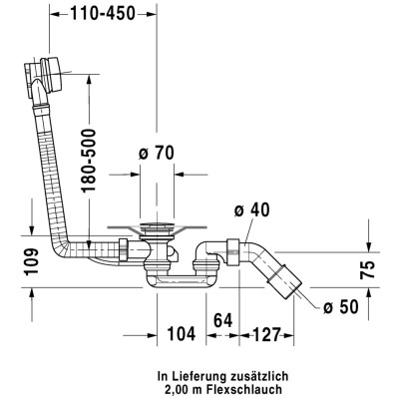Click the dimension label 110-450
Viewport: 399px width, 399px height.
click(x=103, y=14)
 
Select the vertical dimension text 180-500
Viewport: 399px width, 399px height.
click(x=89, y=161)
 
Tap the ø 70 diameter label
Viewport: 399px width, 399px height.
click(x=157, y=154)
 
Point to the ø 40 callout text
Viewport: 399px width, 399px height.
click(x=251, y=209)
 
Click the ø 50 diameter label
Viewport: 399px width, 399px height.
click(x=341, y=306)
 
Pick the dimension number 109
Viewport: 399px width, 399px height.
click(x=32, y=261)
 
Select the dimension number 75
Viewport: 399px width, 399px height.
click(x=368, y=269)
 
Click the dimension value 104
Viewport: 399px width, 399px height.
click(x=182, y=333)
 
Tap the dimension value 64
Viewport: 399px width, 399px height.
click(x=223, y=320)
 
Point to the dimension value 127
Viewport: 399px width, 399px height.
click(x=267, y=334)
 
